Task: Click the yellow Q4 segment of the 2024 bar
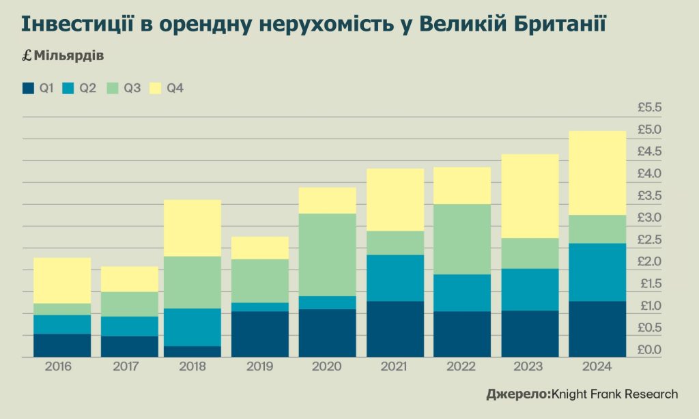pos(597,173)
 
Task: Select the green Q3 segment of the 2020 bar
pos(328,255)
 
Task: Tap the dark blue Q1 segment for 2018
pos(192,351)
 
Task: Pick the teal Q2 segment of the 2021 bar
pos(395,278)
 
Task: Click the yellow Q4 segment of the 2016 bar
pos(62,280)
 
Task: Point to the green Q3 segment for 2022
pos(462,239)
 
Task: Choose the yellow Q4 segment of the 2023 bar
pos(530,196)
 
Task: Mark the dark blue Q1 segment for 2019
pos(260,334)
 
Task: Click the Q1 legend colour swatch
pos(28,88)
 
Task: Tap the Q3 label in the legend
pos(132,88)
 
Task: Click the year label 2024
pos(597,367)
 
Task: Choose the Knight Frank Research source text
pos(614,394)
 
